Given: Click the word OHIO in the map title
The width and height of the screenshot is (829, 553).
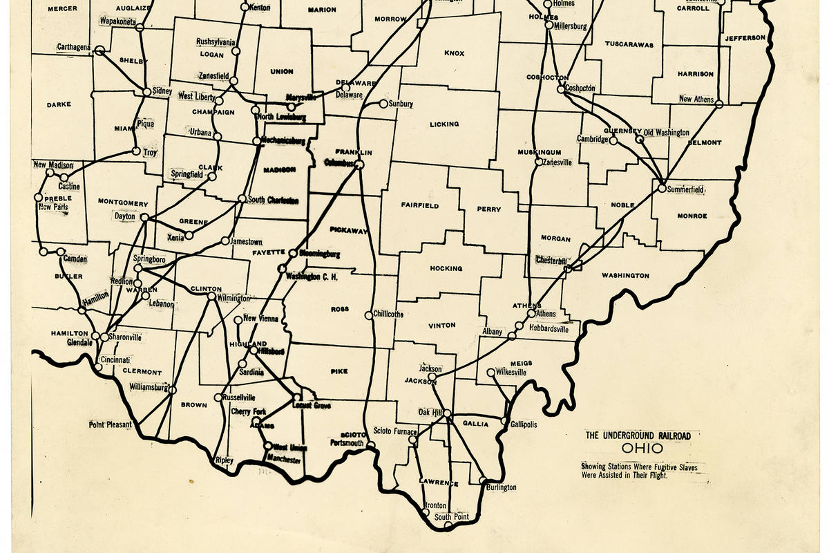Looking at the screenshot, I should (637, 449).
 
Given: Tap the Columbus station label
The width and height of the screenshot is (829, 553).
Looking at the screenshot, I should (339, 163).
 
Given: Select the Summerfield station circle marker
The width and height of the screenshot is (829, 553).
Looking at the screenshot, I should (662, 188).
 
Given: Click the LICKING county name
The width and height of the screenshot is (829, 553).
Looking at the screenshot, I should (444, 124).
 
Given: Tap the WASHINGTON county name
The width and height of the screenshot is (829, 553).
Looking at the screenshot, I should (625, 276).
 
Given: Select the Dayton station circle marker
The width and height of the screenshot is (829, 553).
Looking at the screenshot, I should (144, 217).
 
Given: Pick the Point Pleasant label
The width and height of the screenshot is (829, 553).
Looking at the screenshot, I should (110, 424).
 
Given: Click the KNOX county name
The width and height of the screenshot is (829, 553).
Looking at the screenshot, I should (454, 53).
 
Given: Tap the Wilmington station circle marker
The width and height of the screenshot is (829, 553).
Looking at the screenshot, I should (211, 297).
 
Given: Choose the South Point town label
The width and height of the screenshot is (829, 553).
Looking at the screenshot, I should (452, 517).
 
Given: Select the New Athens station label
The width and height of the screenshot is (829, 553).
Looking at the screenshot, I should (695, 100).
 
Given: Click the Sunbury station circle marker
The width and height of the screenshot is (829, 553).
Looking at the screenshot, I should (383, 104).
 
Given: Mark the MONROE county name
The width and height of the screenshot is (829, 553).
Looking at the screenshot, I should (692, 216).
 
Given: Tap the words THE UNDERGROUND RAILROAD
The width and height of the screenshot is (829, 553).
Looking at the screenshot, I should (638, 435).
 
